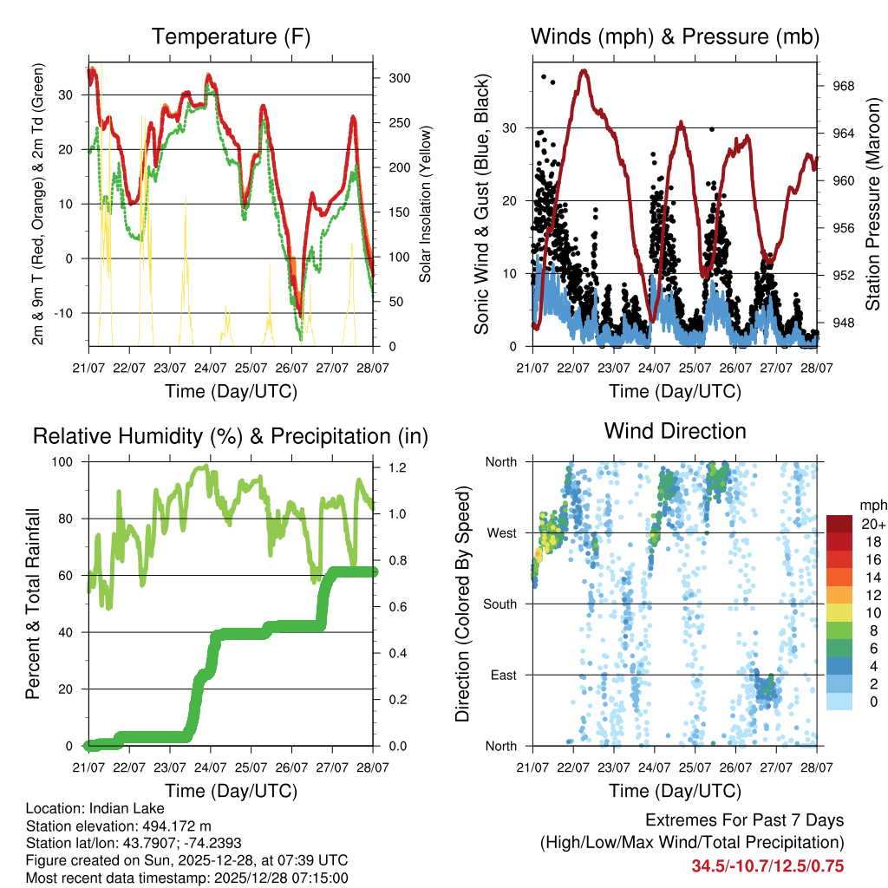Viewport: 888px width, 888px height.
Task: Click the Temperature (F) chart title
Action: click(231, 36)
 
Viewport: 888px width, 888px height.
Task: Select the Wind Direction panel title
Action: click(675, 431)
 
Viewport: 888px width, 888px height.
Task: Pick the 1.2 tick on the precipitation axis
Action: click(397, 468)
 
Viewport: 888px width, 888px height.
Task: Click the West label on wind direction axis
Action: click(501, 532)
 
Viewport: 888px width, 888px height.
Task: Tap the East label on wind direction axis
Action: click(503, 675)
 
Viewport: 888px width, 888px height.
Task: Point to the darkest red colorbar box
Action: click(839, 524)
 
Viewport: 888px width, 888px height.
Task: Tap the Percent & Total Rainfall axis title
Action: click(33, 604)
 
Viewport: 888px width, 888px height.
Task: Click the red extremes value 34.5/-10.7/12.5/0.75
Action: click(767, 866)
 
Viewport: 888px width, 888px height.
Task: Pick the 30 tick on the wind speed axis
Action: click(513, 128)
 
